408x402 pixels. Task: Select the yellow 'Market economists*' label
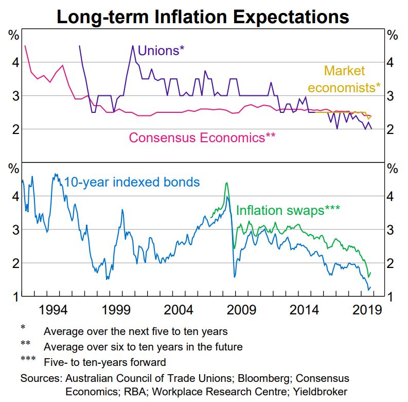coord(352,79)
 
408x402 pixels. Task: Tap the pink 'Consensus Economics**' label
coord(202,138)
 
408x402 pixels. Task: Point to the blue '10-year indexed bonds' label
coord(132,182)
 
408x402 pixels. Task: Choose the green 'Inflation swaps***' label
coord(288,210)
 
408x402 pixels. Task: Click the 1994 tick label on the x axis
coord(54,310)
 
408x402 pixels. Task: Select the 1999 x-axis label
coord(116,310)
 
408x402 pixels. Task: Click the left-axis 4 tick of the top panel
coord(15,62)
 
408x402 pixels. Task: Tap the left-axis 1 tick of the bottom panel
coord(15,297)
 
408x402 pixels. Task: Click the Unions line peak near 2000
coord(133,46)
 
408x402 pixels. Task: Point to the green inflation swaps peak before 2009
coord(226,183)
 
